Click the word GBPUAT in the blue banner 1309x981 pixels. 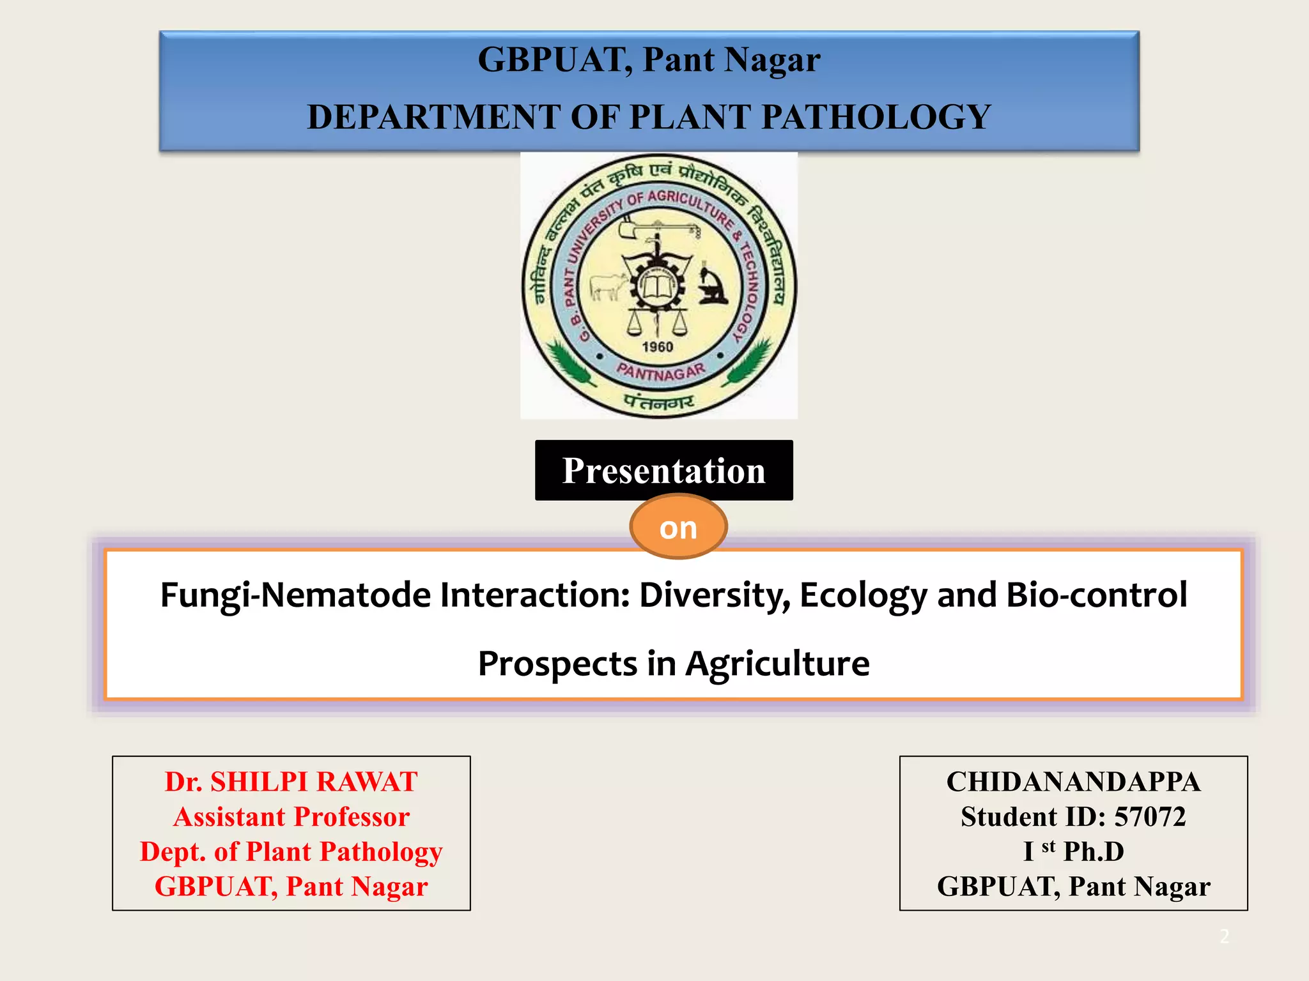pos(554,60)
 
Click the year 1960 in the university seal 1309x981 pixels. pos(658,347)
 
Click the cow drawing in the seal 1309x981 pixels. pos(607,285)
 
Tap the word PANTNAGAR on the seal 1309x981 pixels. pos(661,372)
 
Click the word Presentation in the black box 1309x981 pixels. pos(663,471)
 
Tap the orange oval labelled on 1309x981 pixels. pos(678,528)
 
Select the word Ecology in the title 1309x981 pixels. pos(863,595)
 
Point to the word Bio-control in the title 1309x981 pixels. pos(1096,595)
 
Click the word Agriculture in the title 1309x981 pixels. pos(777,664)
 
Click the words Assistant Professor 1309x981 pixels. pos(291,817)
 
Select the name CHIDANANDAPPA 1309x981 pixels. pos(1073,782)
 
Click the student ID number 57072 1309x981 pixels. pos(1150,817)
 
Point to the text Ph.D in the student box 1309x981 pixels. pos(1094,851)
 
